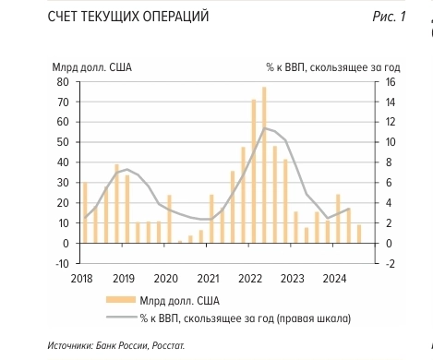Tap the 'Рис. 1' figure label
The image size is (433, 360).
coord(387,18)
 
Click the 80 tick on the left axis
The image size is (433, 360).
coord(65,81)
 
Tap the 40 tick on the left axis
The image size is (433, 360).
coord(65,162)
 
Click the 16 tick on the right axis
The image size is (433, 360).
coord(390,81)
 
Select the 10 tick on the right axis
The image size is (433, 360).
coord(390,142)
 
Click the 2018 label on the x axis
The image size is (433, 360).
coord(81,279)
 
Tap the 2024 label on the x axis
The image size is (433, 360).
coord(335,279)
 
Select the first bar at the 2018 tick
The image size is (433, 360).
coord(85,212)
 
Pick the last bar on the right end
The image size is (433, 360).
coord(359,234)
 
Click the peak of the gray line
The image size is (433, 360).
coord(264,127)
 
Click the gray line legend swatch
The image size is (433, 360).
coord(114,319)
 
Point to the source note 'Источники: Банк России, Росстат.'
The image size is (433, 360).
coord(116,346)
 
